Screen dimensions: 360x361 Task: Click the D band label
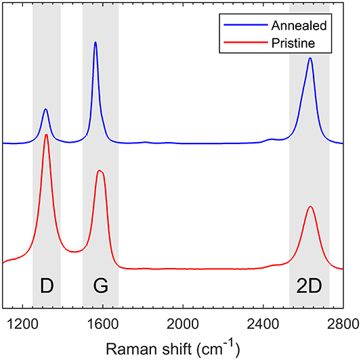(x=46, y=287)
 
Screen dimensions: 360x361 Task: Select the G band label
(x=100, y=287)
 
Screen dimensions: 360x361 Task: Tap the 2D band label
(x=309, y=287)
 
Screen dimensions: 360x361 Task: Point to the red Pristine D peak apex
(x=46, y=134)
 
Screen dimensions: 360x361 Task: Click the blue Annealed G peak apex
(x=95, y=42)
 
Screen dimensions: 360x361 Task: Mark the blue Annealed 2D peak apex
(x=310, y=58)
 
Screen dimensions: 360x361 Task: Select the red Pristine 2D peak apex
(x=310, y=206)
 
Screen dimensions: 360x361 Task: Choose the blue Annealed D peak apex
(x=45, y=109)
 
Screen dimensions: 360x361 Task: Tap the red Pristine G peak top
(x=100, y=170)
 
